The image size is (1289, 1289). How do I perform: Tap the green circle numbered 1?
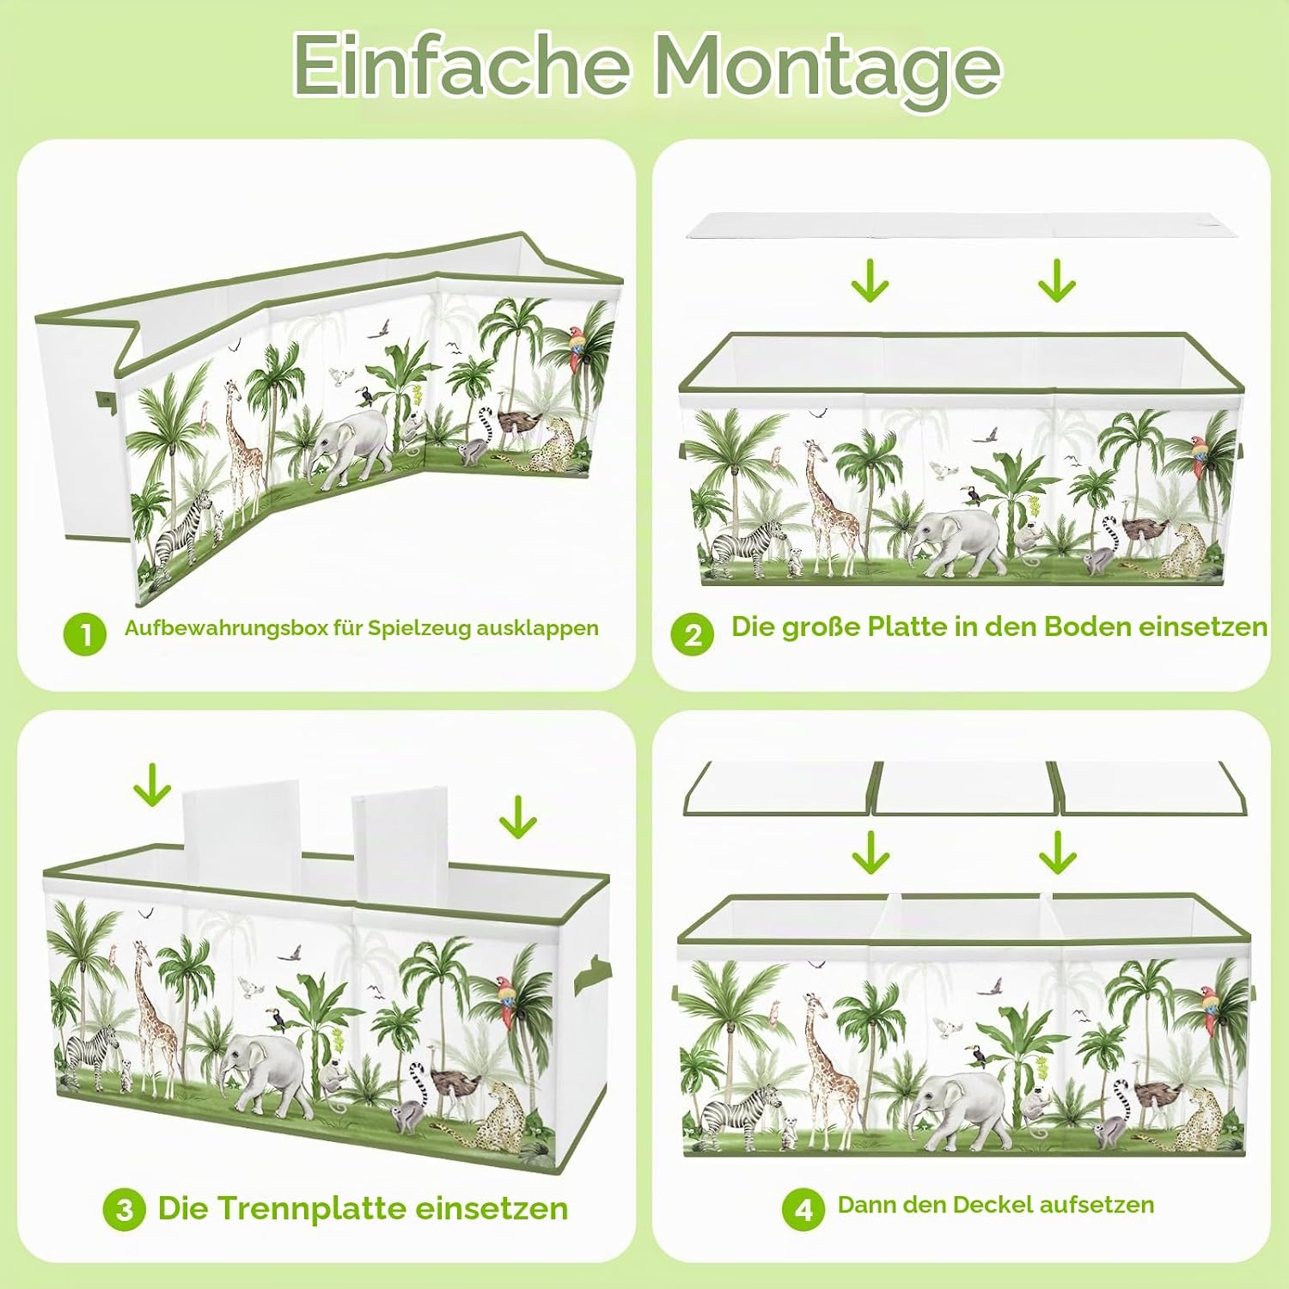pos(85,634)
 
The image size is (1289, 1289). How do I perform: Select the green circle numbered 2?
pos(693,634)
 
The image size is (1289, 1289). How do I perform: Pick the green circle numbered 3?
pos(125,1210)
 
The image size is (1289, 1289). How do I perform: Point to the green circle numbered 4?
pos(803,1209)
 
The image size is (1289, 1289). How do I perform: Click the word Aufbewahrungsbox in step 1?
pos(226,628)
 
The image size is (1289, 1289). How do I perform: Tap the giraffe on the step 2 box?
pos(828,506)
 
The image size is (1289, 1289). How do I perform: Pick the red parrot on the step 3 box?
pos(510,1000)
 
